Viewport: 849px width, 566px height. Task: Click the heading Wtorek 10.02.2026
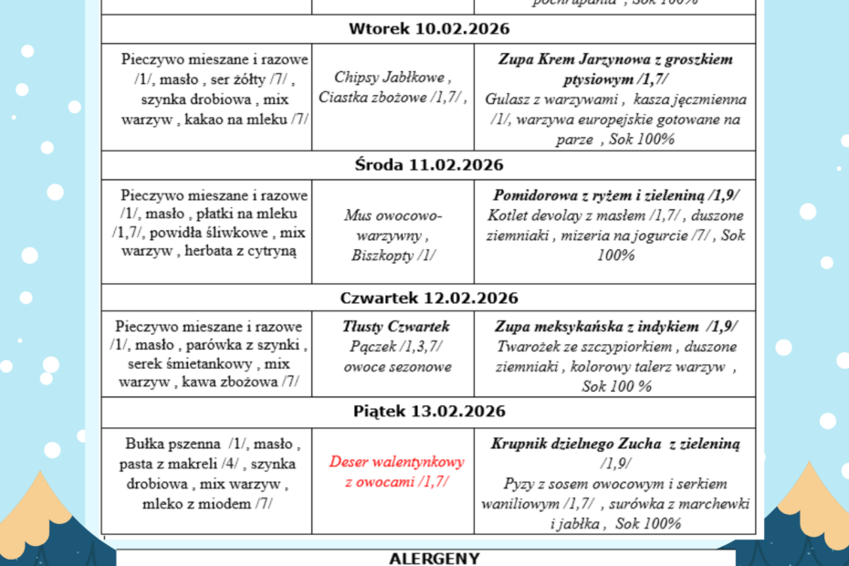pyautogui.click(x=428, y=29)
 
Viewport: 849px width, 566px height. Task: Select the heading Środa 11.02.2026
pyautogui.click(x=428, y=165)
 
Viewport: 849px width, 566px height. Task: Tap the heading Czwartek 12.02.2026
pyautogui.click(x=428, y=299)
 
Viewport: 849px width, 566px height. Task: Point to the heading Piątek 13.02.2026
pyautogui.click(x=428, y=412)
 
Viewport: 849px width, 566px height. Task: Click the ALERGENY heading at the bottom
pyautogui.click(x=427, y=556)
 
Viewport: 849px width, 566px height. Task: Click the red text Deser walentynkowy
pyautogui.click(x=397, y=462)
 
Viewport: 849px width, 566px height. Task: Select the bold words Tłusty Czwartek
pyautogui.click(x=396, y=327)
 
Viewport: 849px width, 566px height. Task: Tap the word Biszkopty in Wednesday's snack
pyautogui.click(x=382, y=256)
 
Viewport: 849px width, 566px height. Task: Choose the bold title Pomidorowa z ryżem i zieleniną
pyautogui.click(x=601, y=195)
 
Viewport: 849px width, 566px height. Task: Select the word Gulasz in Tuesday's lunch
pyautogui.click(x=508, y=100)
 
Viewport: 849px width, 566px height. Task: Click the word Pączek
pyautogui.click(x=368, y=347)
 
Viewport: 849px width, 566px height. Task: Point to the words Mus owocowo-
pyautogui.click(x=393, y=216)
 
